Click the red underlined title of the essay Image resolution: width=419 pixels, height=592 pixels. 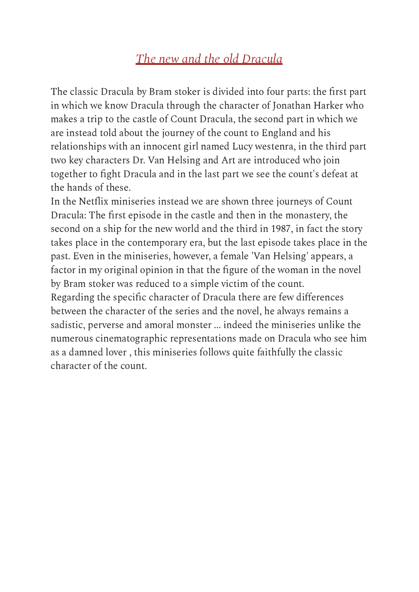(x=209, y=59)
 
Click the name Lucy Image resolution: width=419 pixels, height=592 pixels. (x=242, y=147)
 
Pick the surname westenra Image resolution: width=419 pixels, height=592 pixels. (x=274, y=147)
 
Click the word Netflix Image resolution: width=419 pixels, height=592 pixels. (x=94, y=201)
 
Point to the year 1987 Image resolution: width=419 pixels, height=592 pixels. (x=281, y=229)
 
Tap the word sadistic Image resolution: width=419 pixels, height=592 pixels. (x=68, y=325)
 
